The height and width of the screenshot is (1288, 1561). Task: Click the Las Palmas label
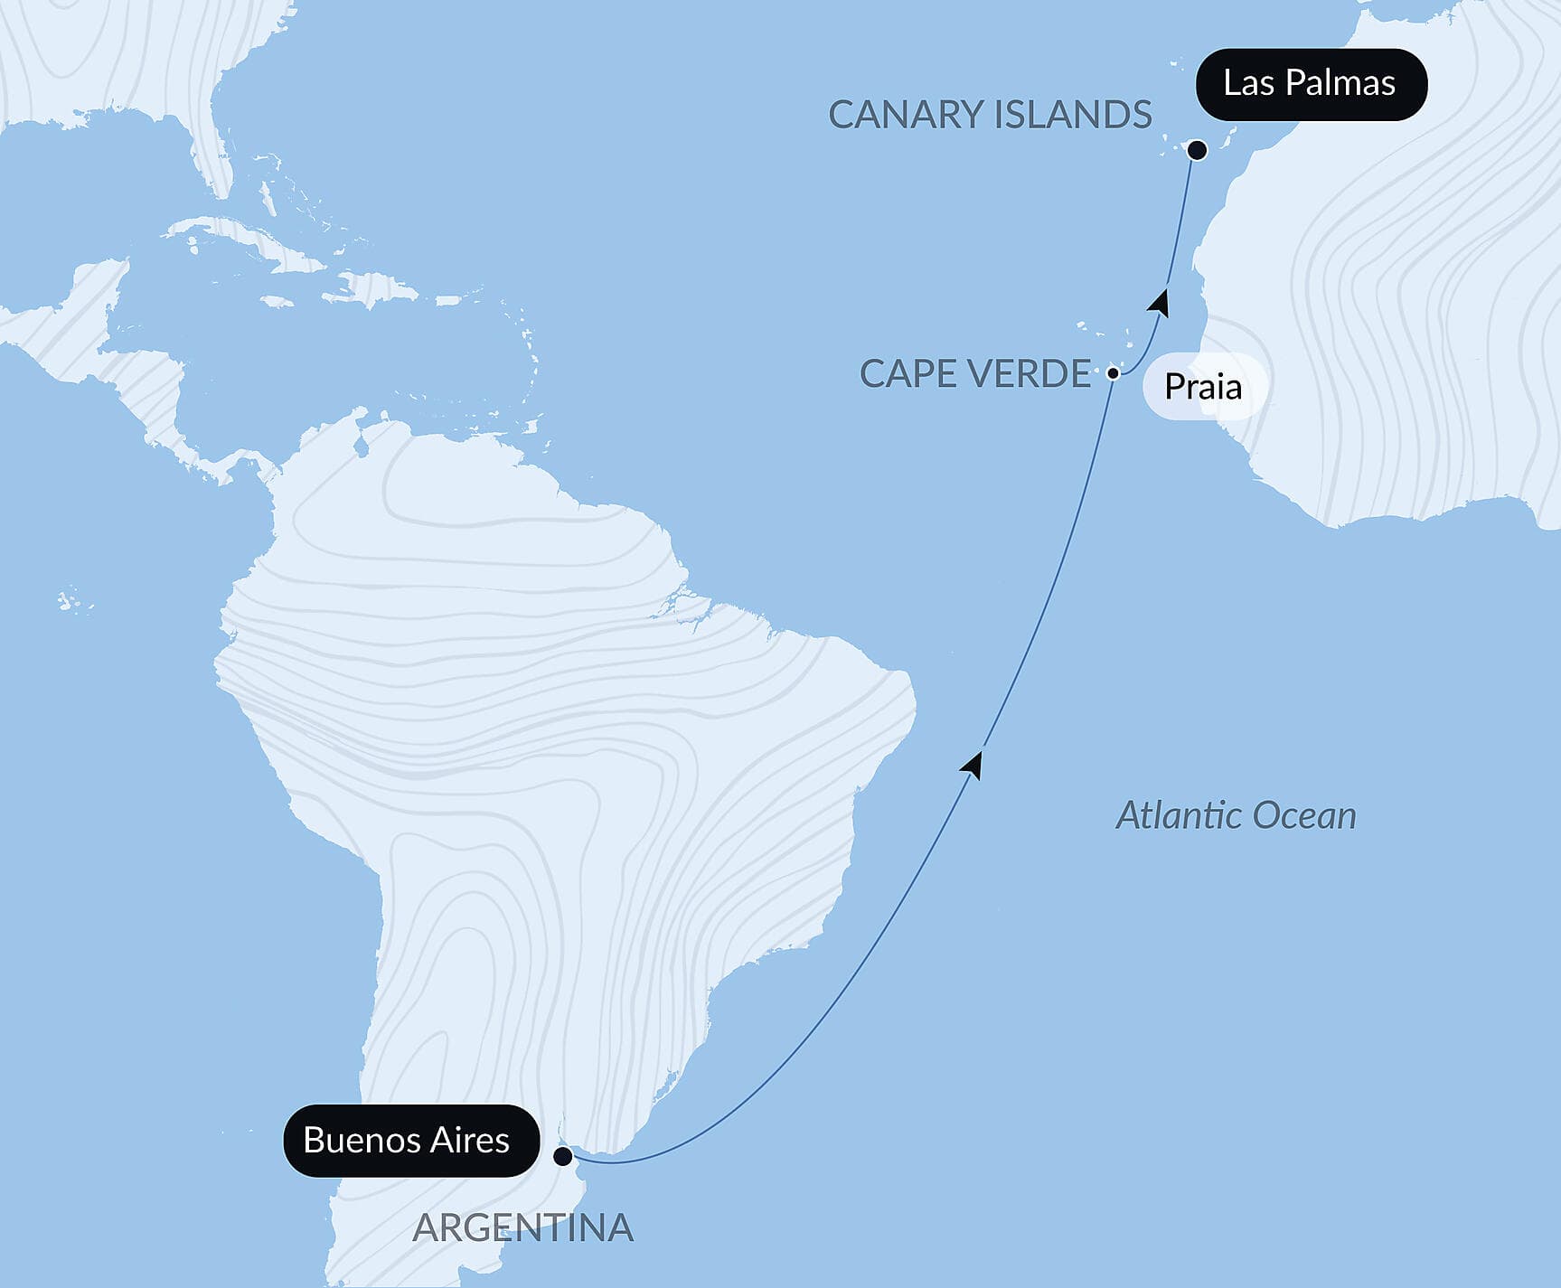pyautogui.click(x=1310, y=84)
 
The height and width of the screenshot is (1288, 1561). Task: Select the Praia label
pyautogui.click(x=1203, y=387)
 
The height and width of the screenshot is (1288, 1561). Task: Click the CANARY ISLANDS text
pyautogui.click(x=990, y=115)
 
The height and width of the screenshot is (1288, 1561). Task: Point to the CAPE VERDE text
pyautogui.click(x=975, y=373)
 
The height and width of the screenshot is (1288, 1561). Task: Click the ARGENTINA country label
pyautogui.click(x=522, y=1227)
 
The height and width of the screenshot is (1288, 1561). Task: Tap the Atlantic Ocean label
pyautogui.click(x=1236, y=815)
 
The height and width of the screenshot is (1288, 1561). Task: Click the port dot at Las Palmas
pyautogui.click(x=1197, y=150)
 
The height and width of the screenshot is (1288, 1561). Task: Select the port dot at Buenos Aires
pyautogui.click(x=563, y=1156)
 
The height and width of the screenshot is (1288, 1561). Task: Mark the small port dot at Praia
pyautogui.click(x=1114, y=372)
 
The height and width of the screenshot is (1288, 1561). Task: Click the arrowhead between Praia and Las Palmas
pyautogui.click(x=1159, y=302)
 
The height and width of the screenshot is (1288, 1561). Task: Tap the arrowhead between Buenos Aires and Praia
pyautogui.click(x=973, y=765)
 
